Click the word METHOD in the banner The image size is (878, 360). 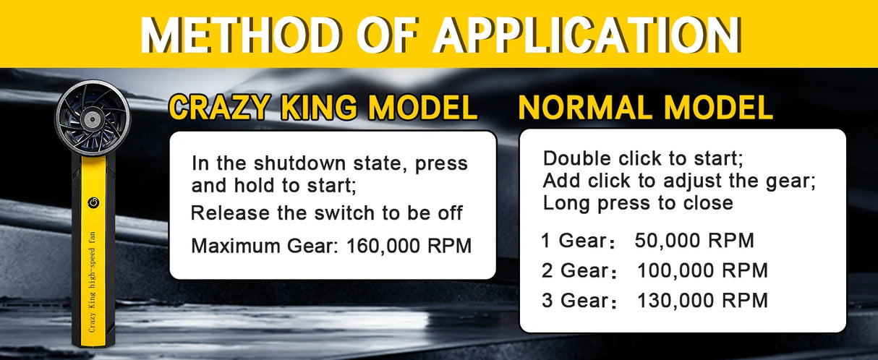click(x=240, y=35)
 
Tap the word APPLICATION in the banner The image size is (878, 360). click(x=587, y=35)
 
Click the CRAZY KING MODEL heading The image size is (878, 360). click(x=323, y=107)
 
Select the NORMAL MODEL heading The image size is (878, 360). click(x=645, y=107)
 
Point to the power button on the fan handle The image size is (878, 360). click(x=94, y=202)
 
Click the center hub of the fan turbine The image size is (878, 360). click(x=92, y=119)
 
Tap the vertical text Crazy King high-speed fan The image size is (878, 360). click(x=92, y=282)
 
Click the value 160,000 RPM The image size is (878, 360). click(x=409, y=246)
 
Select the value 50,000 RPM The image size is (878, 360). click(x=694, y=240)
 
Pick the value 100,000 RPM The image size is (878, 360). click(x=702, y=270)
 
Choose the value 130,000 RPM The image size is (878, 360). click(x=702, y=301)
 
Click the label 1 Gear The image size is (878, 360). click(x=576, y=240)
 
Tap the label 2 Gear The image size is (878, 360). click(x=579, y=270)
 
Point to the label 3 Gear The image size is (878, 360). click(x=579, y=301)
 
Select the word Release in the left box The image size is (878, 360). click(x=231, y=213)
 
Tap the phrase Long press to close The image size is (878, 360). click(x=638, y=203)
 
